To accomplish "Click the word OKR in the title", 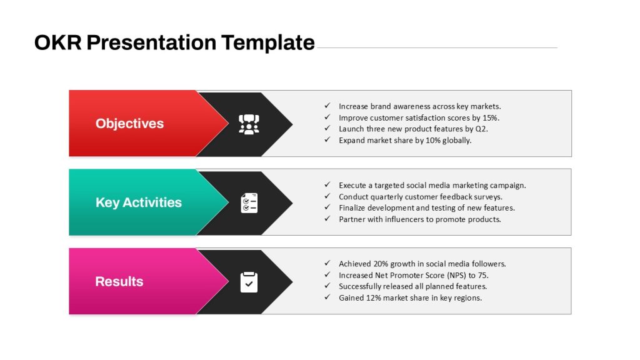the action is (57, 42).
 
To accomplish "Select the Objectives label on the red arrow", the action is (129, 123).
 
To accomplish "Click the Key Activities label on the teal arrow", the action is (138, 202).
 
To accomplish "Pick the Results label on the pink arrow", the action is (119, 281).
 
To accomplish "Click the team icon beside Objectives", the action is (249, 124).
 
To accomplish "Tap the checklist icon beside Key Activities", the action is (249, 203).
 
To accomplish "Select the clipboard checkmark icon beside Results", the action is (249, 282).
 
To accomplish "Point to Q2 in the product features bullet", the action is (481, 129).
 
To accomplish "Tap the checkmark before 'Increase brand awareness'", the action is (327, 106).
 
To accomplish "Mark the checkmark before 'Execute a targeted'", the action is (327, 184).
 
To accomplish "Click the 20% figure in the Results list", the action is (381, 264).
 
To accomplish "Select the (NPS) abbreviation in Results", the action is (457, 276).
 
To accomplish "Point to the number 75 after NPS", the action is (483, 276).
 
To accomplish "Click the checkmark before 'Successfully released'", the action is (327, 286).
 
